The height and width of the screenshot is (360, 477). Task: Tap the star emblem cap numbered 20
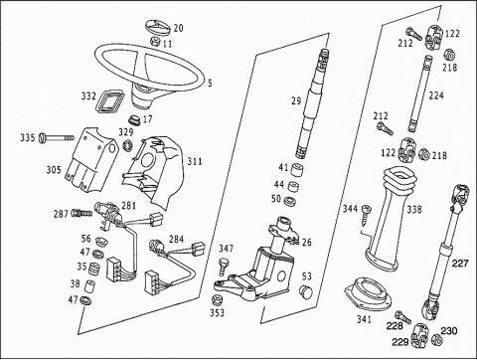(x=157, y=27)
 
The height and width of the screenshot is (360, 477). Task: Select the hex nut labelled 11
(x=155, y=42)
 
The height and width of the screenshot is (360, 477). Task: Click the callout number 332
(x=88, y=96)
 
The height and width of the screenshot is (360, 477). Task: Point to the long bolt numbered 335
(x=57, y=137)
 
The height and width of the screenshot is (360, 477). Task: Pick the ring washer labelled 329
(x=127, y=145)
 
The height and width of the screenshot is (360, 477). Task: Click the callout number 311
(x=195, y=161)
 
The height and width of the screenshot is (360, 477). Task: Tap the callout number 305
(x=54, y=170)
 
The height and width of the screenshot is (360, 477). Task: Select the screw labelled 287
(x=81, y=213)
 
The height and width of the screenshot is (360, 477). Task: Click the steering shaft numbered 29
(x=312, y=103)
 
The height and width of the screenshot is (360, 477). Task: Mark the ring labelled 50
(x=290, y=201)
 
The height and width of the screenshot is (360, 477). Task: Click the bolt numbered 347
(x=224, y=267)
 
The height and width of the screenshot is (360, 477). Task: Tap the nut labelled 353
(x=217, y=299)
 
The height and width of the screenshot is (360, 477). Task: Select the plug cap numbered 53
(x=305, y=291)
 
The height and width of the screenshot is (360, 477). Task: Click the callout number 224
(x=436, y=95)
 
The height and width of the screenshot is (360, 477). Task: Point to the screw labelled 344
(x=366, y=214)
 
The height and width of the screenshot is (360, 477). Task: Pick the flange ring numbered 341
(x=368, y=294)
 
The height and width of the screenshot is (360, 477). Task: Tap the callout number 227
(x=461, y=264)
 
